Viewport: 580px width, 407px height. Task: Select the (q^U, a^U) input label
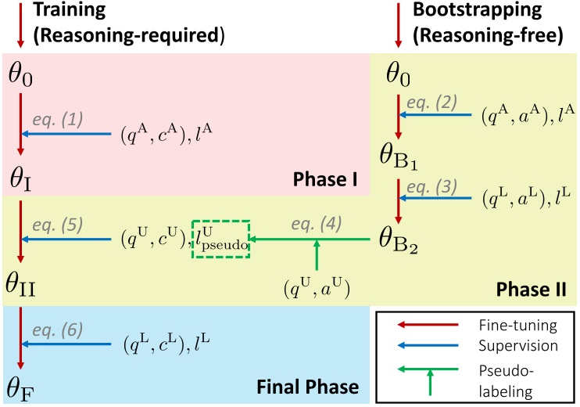tap(317, 290)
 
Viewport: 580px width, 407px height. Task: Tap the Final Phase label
tap(307, 387)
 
